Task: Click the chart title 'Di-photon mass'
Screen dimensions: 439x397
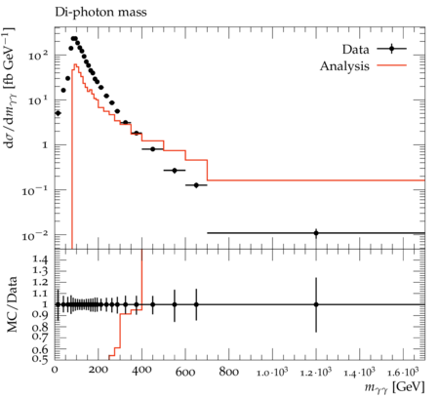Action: pyautogui.click(x=100, y=13)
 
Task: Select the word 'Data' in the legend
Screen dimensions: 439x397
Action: pyautogui.click(x=356, y=50)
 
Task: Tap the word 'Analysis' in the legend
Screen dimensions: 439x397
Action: pyautogui.click(x=344, y=66)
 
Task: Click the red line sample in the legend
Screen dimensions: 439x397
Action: pyautogui.click(x=392, y=65)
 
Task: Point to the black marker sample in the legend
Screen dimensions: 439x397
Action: pyautogui.click(x=392, y=49)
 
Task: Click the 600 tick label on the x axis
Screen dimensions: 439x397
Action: pyautogui.click(x=185, y=372)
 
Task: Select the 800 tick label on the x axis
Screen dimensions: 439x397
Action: pyautogui.click(x=229, y=372)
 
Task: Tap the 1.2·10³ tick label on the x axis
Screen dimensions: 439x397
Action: pyautogui.click(x=316, y=372)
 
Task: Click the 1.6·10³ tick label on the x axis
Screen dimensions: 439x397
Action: pyautogui.click(x=403, y=372)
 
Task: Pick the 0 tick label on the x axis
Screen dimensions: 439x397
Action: pyautogui.click(x=55, y=372)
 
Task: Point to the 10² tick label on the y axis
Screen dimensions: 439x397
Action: pyautogui.click(x=38, y=56)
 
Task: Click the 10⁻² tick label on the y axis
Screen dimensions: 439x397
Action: pyautogui.click(x=35, y=235)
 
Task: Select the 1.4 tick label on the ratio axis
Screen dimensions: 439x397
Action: pyautogui.click(x=40, y=259)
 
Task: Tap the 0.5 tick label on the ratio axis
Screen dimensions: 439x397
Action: pyautogui.click(x=40, y=359)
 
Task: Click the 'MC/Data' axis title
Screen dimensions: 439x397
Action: pyautogui.click(x=12, y=304)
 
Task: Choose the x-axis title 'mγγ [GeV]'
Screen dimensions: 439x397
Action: pyautogui.click(x=394, y=387)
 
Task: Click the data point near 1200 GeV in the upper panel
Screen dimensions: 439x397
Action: pyautogui.click(x=316, y=233)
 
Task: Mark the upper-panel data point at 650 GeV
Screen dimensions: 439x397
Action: pyautogui.click(x=196, y=185)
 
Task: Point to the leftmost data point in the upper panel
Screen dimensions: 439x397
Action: pyautogui.click(x=58, y=113)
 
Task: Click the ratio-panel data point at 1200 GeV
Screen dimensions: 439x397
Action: pyautogui.click(x=316, y=304)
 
